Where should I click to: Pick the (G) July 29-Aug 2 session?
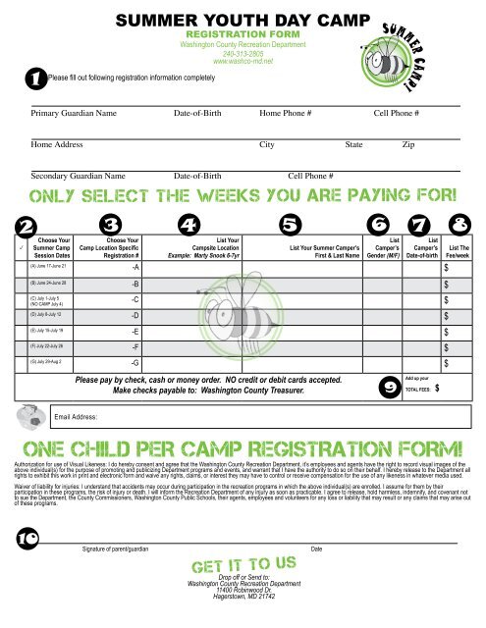[49, 363]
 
